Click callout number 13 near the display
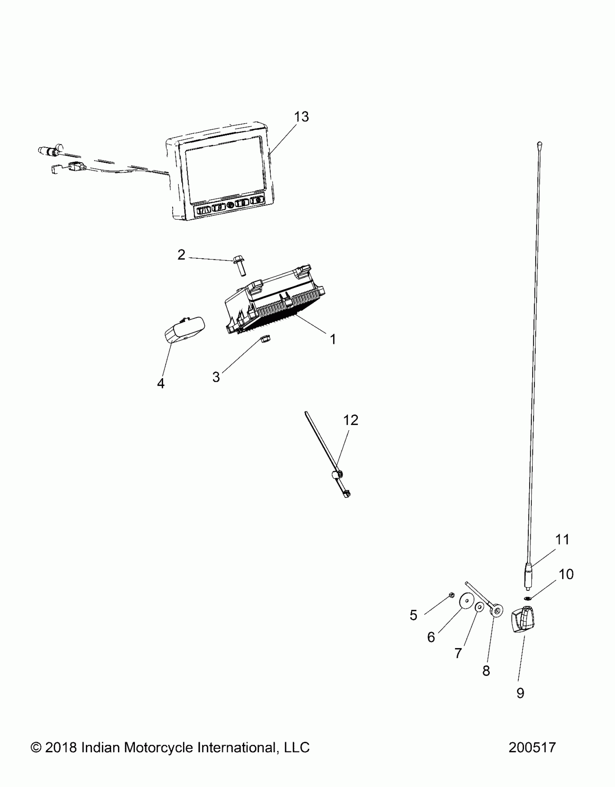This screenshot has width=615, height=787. [301, 117]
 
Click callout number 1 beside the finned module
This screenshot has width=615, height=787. [333, 339]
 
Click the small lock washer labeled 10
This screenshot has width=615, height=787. [527, 598]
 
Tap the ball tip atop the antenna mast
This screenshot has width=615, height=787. [539, 144]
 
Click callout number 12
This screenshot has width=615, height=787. [350, 420]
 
